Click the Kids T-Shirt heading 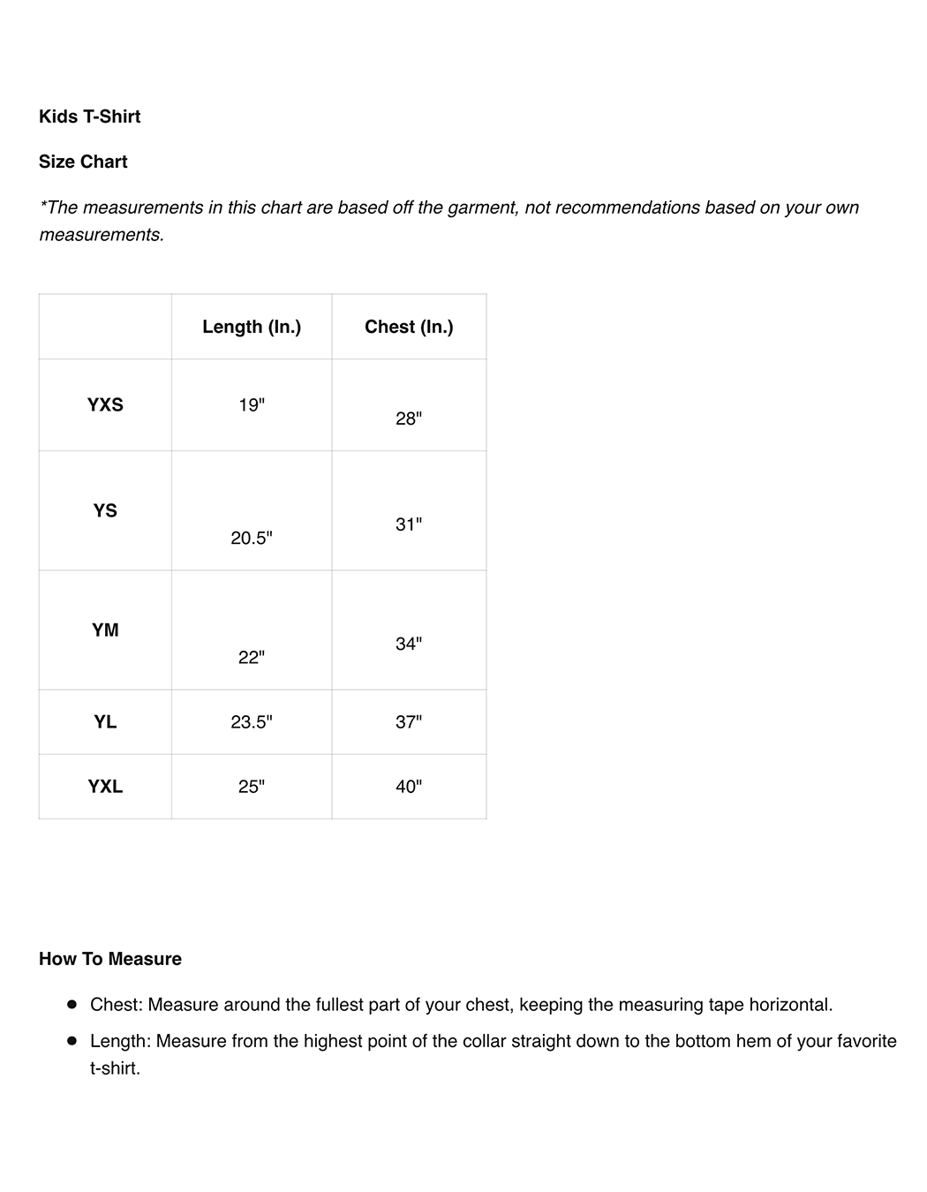89,117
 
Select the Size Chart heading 83,162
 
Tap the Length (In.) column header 252,327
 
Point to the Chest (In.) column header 409,327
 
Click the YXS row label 105,405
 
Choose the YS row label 105,510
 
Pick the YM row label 105,630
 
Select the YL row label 105,721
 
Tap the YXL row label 105,786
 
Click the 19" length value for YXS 252,405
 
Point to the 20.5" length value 252,538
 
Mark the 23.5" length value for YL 252,721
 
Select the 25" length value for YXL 252,786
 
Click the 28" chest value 409,419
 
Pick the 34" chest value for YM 409,644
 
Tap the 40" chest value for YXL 409,786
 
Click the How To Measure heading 110,959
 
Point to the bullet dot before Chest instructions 72,1004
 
